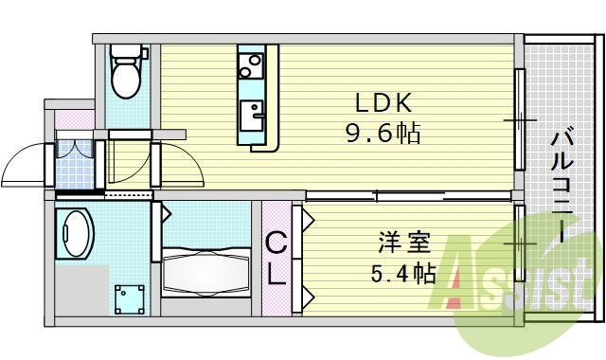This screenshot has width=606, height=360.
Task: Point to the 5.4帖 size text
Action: tap(402, 275)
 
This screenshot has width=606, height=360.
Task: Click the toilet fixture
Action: tap(123, 71)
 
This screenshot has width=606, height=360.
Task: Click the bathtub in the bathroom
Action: tap(205, 269)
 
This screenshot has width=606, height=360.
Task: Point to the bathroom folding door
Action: tap(156, 233)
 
